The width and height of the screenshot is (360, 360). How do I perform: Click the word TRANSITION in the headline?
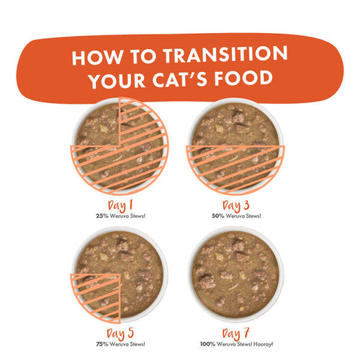225,54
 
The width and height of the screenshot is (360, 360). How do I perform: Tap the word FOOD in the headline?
243,78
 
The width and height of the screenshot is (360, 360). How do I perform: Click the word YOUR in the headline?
117,80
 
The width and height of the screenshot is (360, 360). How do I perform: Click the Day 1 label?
120,206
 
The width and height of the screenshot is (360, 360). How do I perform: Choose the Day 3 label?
235,206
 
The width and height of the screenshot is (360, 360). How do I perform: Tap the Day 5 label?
120,334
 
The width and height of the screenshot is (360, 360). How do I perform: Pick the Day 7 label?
235,334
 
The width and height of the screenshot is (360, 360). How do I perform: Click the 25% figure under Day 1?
102,216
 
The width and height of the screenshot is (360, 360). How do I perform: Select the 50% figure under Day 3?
218,216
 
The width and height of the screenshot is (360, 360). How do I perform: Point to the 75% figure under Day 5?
102,344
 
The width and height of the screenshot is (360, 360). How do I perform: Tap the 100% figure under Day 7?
208,344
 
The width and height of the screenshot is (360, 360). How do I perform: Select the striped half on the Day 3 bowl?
235,167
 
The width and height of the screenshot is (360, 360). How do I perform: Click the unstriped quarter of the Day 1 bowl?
99,125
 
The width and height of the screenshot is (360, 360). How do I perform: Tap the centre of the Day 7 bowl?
235,274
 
